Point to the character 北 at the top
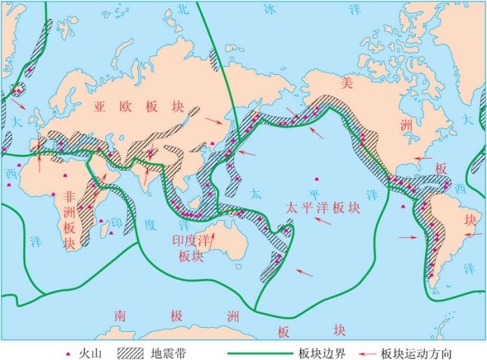click(x=183, y=8)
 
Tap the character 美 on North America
click(x=346, y=82)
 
